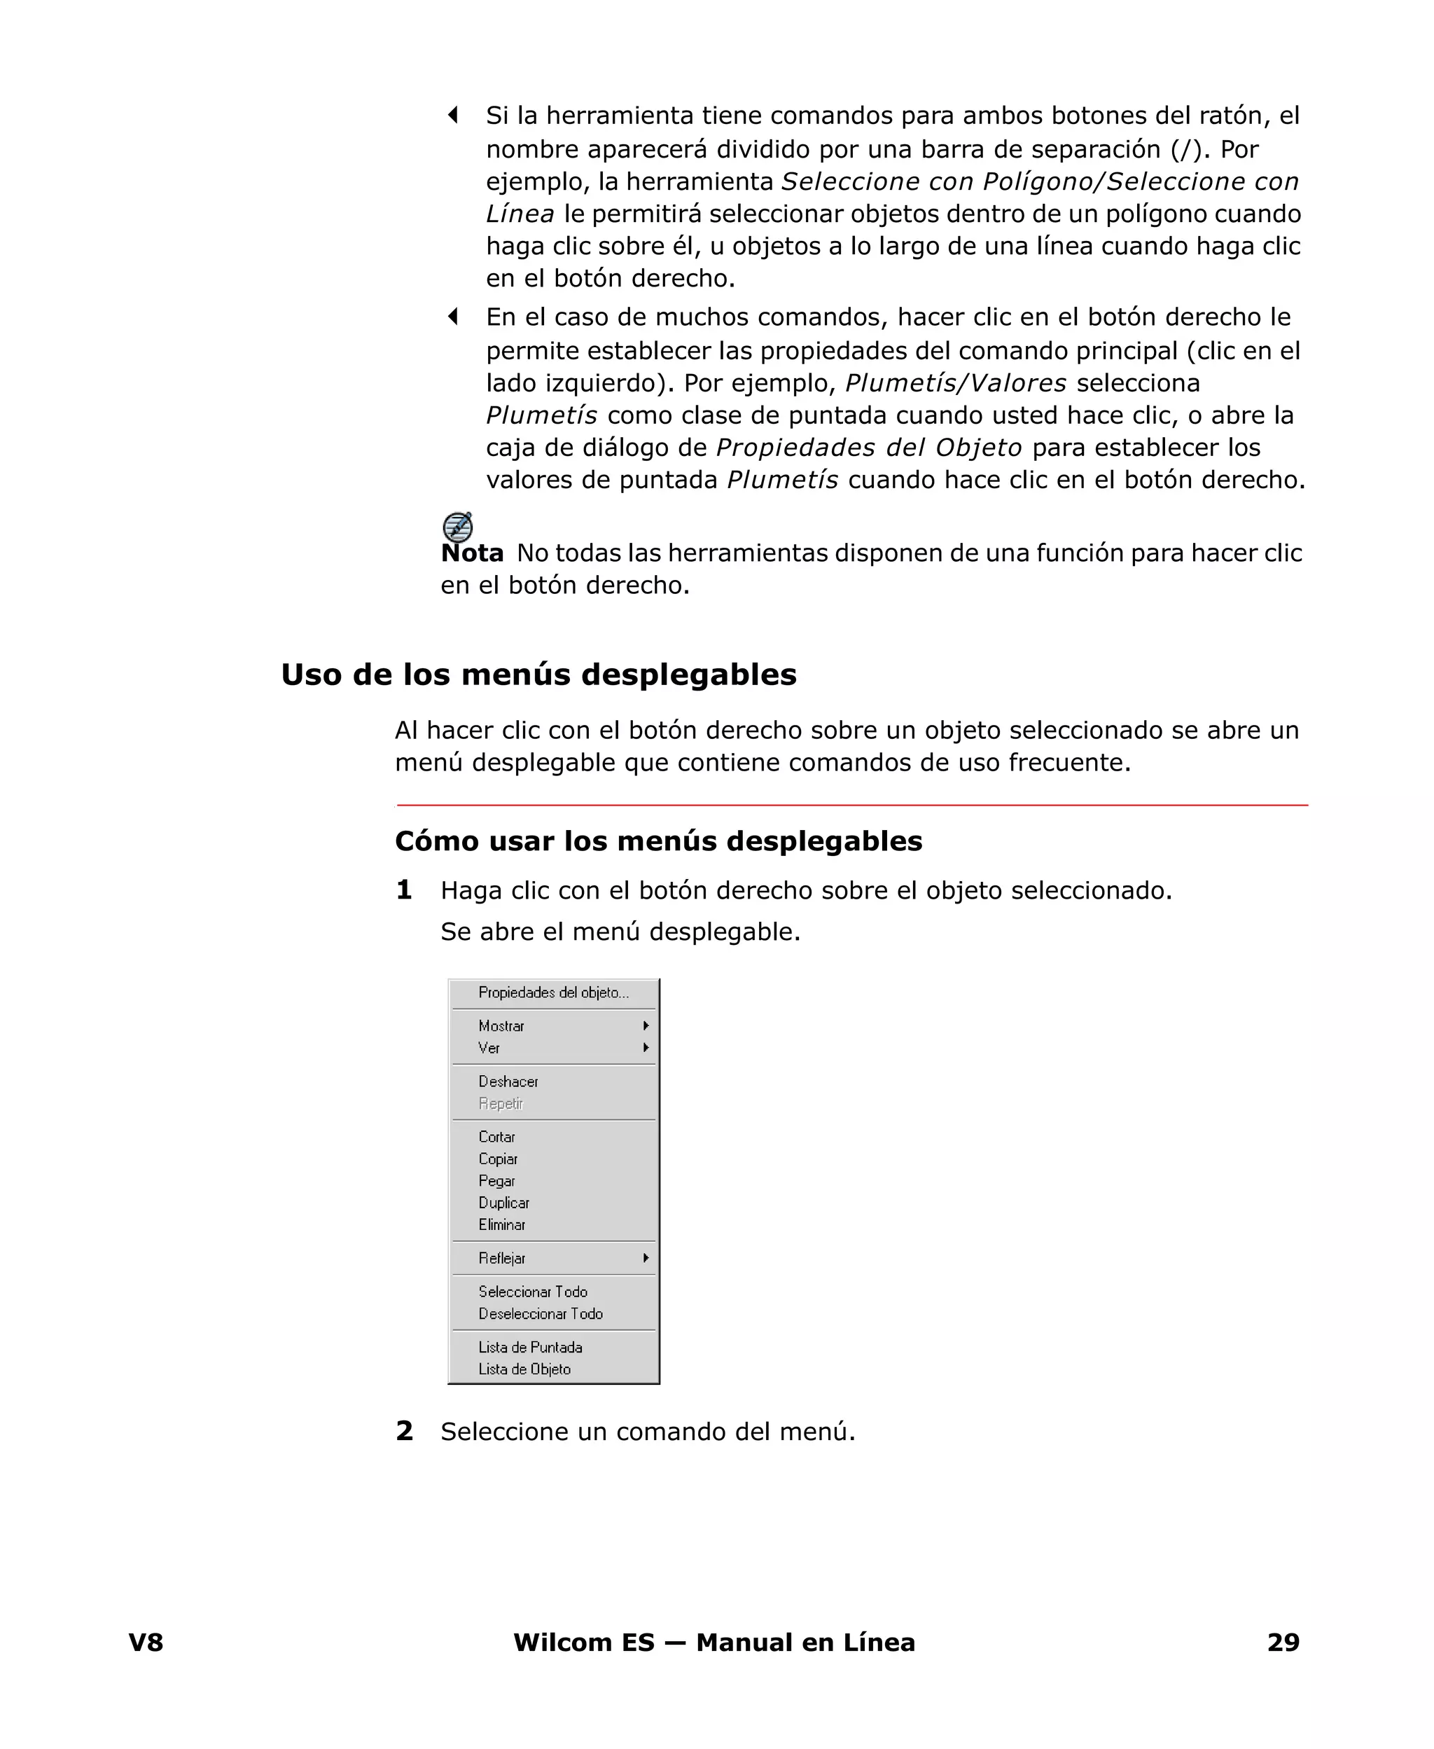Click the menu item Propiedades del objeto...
[553, 993]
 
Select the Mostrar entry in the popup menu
[501, 1026]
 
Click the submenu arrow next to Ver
[646, 1048]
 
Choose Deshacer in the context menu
[508, 1081]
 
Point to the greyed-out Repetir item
[501, 1104]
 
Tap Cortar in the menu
[496, 1137]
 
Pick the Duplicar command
[504, 1203]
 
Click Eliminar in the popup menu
[501, 1225]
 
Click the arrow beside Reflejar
[646, 1258]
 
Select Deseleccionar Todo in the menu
[541, 1313]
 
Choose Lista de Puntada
[530, 1348]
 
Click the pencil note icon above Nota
[458, 526]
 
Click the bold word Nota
[473, 553]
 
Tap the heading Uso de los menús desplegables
[538, 675]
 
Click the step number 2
[404, 1431]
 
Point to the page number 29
[1283, 1643]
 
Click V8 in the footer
[146, 1643]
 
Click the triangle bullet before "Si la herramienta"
[452, 115]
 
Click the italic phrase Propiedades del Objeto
[869, 448]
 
